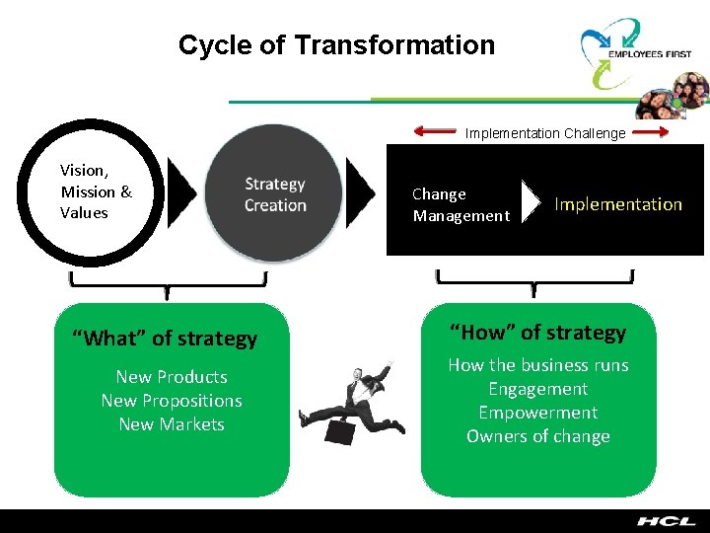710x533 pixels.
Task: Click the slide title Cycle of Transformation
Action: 336,45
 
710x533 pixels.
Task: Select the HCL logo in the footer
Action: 665,521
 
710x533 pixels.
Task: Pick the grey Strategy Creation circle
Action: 275,194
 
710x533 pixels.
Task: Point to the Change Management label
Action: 461,204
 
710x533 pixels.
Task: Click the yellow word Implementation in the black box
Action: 618,204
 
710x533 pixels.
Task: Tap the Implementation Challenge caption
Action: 545,133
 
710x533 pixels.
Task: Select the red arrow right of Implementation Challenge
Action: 650,131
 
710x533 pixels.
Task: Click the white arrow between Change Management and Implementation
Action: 532,202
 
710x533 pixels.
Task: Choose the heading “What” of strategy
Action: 165,339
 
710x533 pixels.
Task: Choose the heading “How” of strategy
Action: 538,333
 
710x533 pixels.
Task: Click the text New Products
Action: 172,377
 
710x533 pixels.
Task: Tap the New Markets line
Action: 172,424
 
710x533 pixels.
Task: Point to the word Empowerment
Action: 538,413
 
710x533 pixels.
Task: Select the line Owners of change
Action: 538,436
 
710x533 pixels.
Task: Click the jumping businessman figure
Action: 355,399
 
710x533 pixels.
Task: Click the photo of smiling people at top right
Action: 671,99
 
